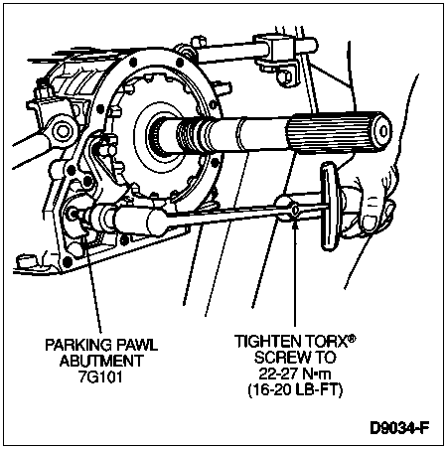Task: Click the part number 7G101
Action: [x=100, y=377]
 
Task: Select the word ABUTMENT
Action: [x=101, y=361]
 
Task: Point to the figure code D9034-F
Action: [x=399, y=428]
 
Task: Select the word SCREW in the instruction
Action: [x=281, y=358]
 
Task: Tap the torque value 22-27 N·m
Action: [x=295, y=374]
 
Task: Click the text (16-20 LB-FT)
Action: [x=295, y=390]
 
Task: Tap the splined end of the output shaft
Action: [x=338, y=133]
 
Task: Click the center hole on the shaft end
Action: [x=383, y=131]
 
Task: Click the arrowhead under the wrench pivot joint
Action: [x=295, y=225]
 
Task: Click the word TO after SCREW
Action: [x=324, y=358]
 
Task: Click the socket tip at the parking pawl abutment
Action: [x=77, y=215]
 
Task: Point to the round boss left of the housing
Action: [x=62, y=131]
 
